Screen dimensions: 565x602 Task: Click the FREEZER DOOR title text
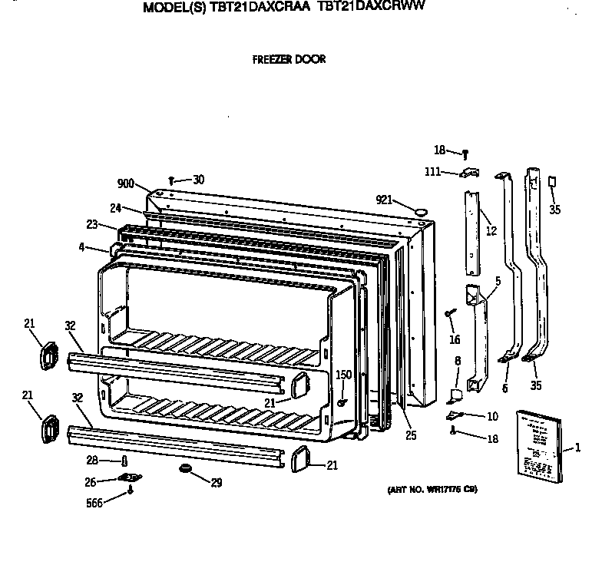288,59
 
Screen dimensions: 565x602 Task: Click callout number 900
126,184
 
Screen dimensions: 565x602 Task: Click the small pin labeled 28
124,460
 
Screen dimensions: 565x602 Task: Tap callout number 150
343,375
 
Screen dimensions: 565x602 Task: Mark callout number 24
116,207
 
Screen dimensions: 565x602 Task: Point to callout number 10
491,416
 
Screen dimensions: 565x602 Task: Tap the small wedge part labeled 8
455,395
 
